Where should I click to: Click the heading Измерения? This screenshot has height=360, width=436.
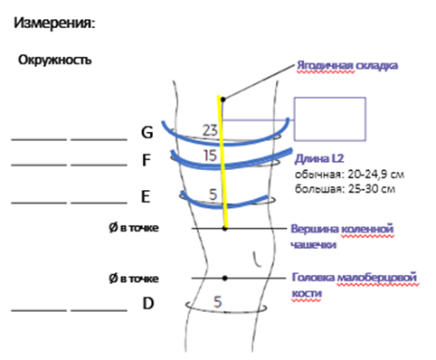pos(54,23)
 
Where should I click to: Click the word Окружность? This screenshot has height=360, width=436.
pos(54,60)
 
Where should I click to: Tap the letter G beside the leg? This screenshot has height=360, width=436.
pos(147,132)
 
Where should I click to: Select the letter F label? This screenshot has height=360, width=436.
pos(147,160)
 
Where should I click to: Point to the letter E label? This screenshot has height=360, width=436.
pos(146,196)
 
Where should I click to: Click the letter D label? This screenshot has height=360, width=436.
pos(148,303)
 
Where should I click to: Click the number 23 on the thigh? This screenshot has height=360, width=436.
pos(210,130)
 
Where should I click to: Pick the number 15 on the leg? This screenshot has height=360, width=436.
pos(210,156)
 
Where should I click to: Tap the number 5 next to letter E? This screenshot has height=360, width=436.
pos(213,194)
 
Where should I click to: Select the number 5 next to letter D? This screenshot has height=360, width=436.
pos(218,301)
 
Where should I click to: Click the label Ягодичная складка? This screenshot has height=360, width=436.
pos(347,65)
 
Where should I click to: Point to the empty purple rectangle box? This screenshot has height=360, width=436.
pos(330,98)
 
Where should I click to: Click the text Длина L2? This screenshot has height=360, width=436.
pos(319,158)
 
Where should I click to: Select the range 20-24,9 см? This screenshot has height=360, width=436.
pos(375,175)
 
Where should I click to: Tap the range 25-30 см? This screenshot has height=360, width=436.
pos(372,189)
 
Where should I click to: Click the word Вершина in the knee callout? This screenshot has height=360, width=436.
pos(315,229)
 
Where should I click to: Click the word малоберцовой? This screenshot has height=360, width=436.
pos(377,278)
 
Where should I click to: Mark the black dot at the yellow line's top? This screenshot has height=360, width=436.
pos(223,99)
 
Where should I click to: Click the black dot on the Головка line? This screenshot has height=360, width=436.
pos(224,278)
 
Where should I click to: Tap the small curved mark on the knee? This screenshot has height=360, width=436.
pos(256,260)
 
